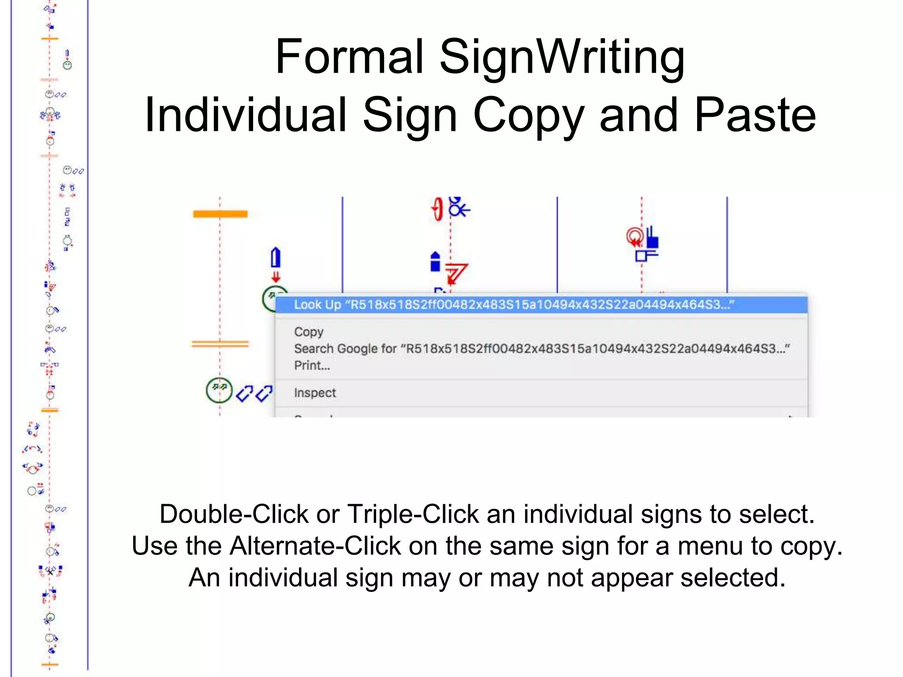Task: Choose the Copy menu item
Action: coord(309,332)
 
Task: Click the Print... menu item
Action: coord(312,365)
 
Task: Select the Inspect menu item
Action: coord(315,393)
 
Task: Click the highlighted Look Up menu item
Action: coord(514,305)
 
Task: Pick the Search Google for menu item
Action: coord(541,349)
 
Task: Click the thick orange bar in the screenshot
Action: coord(220,214)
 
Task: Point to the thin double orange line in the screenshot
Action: coord(220,344)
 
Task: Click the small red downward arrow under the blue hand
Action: coord(276,277)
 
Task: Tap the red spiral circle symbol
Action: coord(634,237)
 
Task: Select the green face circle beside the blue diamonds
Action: coord(219,390)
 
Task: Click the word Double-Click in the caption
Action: coord(234,514)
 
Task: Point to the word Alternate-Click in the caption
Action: coord(315,546)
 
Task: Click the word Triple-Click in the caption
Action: coord(413,514)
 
